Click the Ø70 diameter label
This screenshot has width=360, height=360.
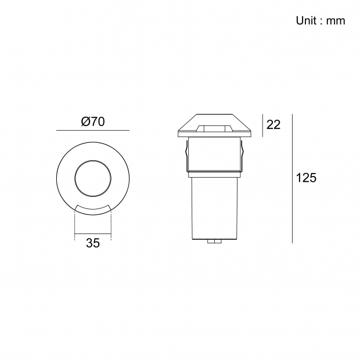coord(93,122)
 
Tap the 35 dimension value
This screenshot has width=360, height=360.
coord(93,243)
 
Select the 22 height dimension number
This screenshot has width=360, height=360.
coord(273,125)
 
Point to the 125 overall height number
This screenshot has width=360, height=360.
coord(306,178)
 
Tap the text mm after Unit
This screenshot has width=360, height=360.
coord(336,21)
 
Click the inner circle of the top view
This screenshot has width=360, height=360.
coord(93,160)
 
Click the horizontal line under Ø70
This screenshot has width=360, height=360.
coord(93,131)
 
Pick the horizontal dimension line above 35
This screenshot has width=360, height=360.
coord(93,234)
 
